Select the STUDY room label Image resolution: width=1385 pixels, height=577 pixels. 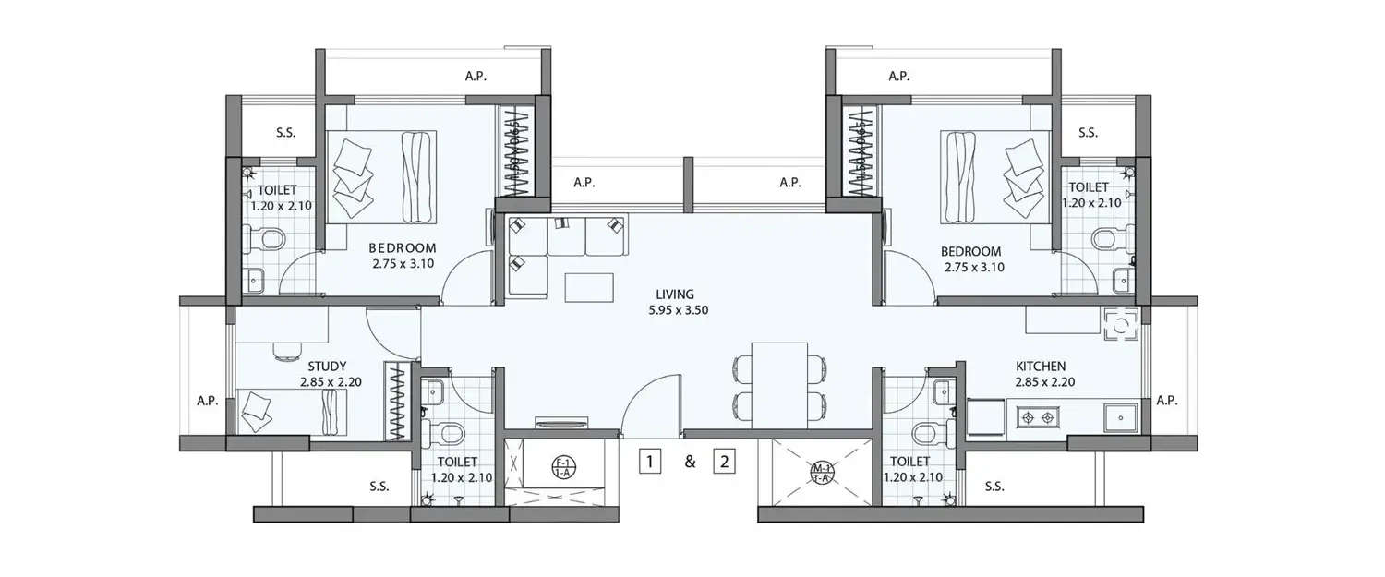[x=327, y=366]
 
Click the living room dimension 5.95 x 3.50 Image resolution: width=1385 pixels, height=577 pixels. [x=678, y=310]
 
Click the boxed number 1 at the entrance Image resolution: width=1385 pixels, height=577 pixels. [x=652, y=463]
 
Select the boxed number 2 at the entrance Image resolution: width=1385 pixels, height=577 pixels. [x=725, y=463]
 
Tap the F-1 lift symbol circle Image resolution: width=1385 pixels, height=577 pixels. [x=561, y=465]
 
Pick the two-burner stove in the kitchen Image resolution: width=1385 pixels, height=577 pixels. [x=1035, y=418]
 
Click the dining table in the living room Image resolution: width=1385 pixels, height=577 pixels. [x=779, y=385]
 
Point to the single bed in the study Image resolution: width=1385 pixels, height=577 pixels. [x=293, y=410]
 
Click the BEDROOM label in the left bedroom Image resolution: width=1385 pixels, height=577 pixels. [x=403, y=248]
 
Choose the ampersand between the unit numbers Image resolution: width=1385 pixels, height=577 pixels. [x=689, y=463]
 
